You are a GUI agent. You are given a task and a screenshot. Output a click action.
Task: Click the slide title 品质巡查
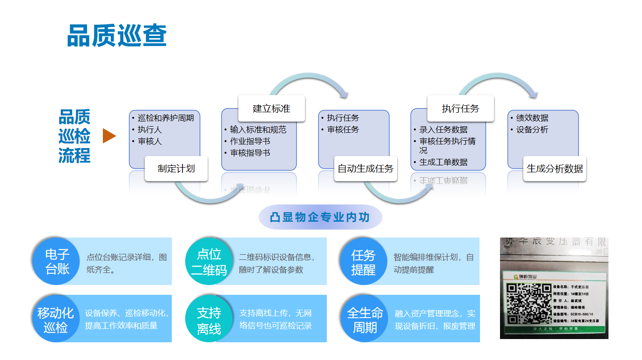point(117,36)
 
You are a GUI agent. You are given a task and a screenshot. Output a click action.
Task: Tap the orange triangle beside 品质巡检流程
point(109,136)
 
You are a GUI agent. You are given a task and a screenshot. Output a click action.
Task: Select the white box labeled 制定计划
point(176,169)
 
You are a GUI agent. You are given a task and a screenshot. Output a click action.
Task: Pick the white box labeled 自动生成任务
point(365,169)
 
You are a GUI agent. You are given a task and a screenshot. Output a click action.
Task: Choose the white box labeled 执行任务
point(460,109)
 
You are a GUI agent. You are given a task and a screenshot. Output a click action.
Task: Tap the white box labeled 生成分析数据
point(554,169)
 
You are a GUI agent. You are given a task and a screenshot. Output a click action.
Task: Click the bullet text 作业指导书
point(250,141)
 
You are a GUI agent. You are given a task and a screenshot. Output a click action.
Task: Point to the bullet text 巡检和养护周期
point(166,118)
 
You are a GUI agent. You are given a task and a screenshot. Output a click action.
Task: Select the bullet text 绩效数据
point(532,118)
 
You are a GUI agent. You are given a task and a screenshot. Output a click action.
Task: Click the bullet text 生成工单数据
point(443,162)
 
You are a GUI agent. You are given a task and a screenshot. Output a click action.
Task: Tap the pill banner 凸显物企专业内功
point(320,217)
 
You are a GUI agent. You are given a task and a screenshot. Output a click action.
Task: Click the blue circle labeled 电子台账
point(57,261)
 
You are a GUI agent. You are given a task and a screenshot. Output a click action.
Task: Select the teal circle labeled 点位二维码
point(209,262)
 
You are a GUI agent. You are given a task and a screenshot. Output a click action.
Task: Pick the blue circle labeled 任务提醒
point(363,262)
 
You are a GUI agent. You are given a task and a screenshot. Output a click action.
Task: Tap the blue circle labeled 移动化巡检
point(56,319)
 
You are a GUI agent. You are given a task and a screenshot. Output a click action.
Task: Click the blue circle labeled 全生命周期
point(365,319)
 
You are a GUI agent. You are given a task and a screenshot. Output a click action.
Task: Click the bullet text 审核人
point(149,141)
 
